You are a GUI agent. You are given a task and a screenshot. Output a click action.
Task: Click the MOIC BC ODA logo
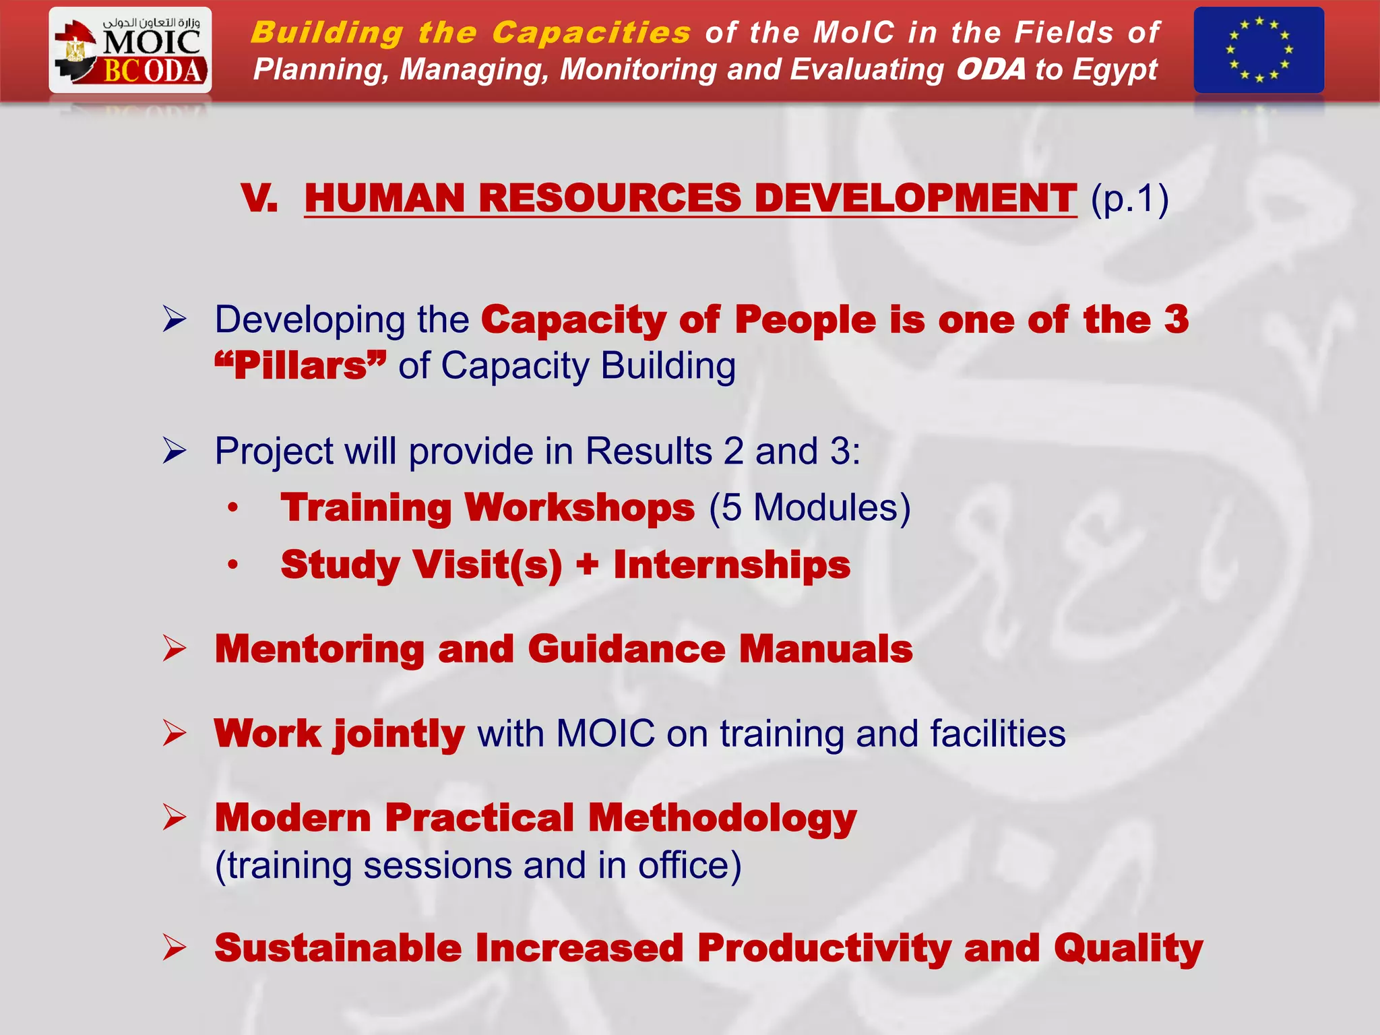click(130, 50)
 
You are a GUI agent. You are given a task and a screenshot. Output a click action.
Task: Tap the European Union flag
click(1258, 50)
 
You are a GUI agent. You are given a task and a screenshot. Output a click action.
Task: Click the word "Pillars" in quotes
click(301, 366)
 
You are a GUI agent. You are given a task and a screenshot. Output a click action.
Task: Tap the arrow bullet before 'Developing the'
click(174, 319)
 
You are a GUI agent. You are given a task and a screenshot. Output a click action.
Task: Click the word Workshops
click(579, 507)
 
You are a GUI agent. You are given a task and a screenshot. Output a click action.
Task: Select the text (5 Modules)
click(809, 507)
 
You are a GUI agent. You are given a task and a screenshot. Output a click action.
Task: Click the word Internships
click(732, 565)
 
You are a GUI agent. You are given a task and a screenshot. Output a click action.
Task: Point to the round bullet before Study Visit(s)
click(232, 565)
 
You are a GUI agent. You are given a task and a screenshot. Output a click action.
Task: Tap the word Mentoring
click(319, 649)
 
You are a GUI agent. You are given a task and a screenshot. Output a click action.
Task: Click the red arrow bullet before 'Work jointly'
click(174, 733)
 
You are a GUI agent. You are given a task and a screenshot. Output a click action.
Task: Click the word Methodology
click(722, 819)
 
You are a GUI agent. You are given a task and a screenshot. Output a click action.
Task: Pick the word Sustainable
click(338, 948)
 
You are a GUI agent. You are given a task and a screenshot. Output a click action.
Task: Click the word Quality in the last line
click(1129, 948)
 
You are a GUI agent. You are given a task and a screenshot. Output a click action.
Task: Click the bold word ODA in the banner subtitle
click(991, 69)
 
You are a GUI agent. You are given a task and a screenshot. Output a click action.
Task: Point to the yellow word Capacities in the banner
click(591, 32)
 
